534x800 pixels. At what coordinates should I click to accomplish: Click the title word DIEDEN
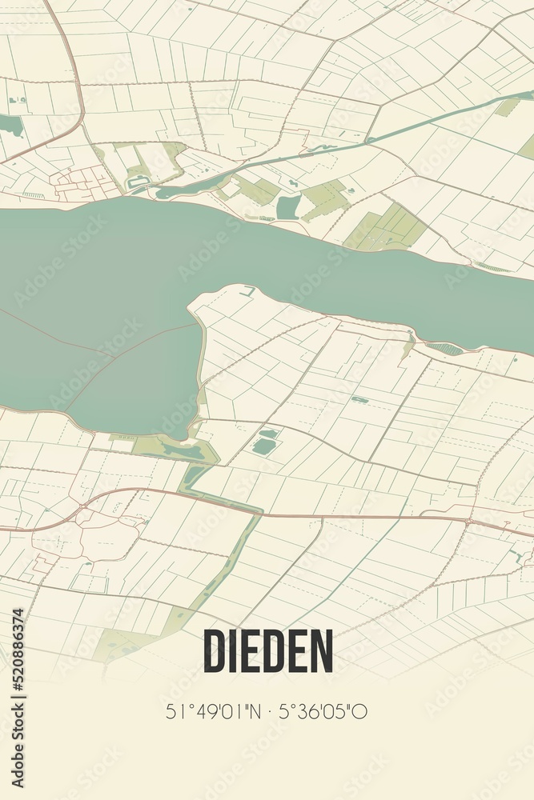coord(267,650)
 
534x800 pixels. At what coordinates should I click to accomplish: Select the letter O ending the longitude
coord(363,711)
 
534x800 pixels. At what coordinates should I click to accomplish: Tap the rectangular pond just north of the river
coord(288,207)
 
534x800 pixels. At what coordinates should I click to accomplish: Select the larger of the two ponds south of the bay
coord(263,446)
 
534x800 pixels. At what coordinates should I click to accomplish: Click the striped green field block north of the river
coord(388,228)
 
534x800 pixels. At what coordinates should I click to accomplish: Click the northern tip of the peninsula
coord(244,290)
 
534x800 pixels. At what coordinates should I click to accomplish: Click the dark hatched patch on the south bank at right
coord(444,349)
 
